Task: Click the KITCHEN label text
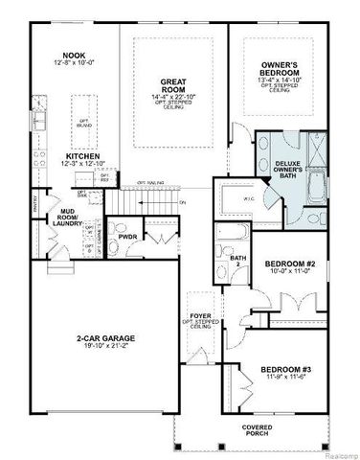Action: (x=83, y=156)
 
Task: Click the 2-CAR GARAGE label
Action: (x=104, y=337)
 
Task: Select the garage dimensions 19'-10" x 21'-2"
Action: (x=104, y=347)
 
